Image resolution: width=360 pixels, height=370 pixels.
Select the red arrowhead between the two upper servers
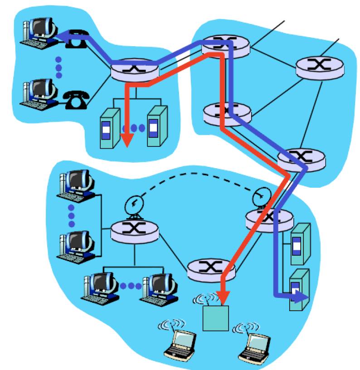(x=127, y=141)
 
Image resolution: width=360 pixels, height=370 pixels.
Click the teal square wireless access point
(x=215, y=318)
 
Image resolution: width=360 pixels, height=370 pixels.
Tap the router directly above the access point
(x=211, y=269)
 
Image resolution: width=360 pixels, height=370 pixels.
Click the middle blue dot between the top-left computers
(x=58, y=67)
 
